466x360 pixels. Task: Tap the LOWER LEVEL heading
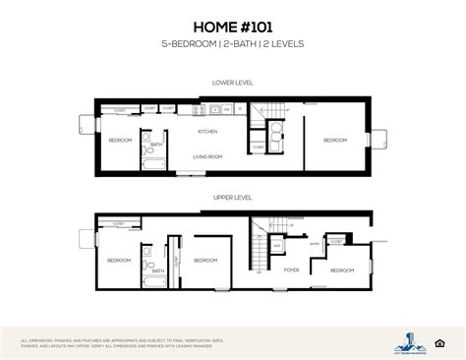[x=232, y=83]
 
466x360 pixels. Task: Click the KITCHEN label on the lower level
[x=208, y=130]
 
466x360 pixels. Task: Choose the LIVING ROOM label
[x=208, y=154]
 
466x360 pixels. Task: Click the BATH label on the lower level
[x=155, y=145]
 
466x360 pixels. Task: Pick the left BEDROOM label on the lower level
[x=119, y=141]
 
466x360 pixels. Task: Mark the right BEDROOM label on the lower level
[x=334, y=141]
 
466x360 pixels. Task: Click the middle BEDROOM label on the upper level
[x=204, y=260]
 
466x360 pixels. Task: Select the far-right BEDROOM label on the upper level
[x=341, y=270]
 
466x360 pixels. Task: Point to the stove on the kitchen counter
[x=225, y=109]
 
